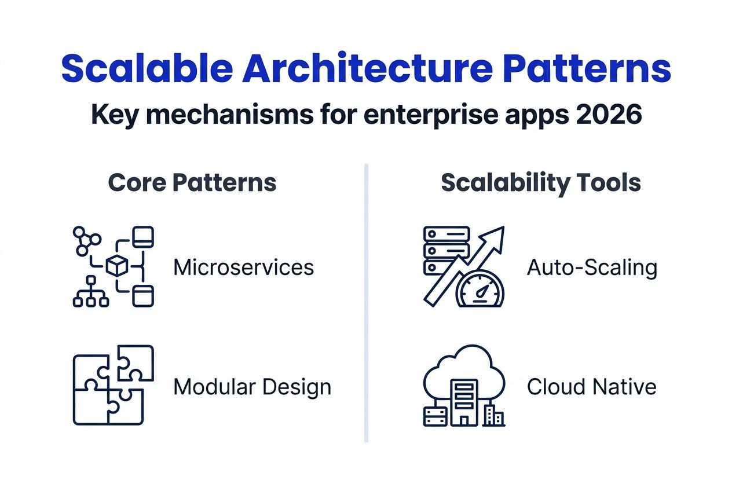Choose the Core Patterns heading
point(192,183)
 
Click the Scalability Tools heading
point(541,183)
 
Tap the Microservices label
point(244,268)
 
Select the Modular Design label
point(252,387)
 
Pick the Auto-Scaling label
point(592,268)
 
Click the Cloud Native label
point(591,387)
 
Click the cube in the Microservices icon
point(117,266)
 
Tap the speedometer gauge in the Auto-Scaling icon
point(481,290)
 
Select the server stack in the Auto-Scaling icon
point(446,250)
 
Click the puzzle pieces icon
point(114,385)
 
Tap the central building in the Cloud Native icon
point(464,401)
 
